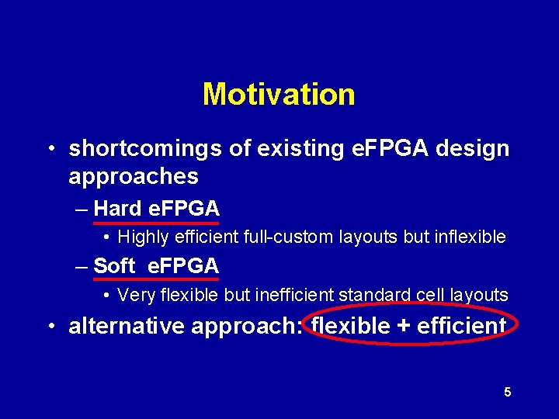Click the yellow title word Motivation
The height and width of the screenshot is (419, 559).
(x=279, y=95)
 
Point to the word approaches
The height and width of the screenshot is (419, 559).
(x=134, y=177)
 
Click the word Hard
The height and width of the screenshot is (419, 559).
(x=117, y=208)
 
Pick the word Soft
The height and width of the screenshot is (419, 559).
(x=114, y=266)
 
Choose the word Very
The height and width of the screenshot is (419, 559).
(x=135, y=295)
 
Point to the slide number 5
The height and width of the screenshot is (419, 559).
(x=507, y=393)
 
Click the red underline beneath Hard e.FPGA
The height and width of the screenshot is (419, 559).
(x=155, y=222)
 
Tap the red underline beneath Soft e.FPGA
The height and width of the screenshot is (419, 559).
(x=155, y=279)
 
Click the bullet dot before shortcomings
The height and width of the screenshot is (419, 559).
(x=49, y=149)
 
